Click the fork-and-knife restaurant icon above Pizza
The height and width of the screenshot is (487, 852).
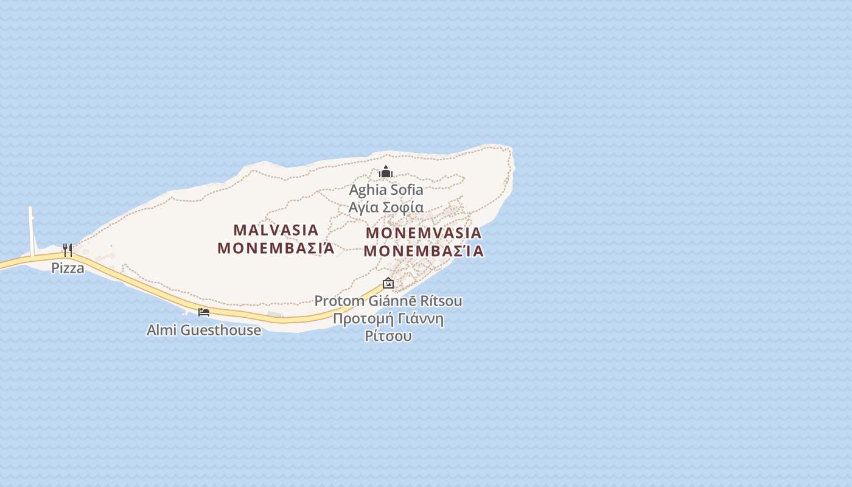[68, 250]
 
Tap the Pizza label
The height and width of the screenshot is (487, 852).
[68, 268]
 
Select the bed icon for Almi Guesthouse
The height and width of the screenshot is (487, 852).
[204, 312]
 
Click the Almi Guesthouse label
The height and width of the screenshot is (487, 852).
[204, 331]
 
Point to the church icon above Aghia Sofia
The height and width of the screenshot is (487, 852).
[386, 172]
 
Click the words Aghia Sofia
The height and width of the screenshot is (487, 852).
[386, 190]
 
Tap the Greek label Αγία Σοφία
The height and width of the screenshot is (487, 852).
[386, 207]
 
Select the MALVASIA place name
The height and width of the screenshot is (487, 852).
[276, 230]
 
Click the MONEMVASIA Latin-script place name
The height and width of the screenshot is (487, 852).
[424, 233]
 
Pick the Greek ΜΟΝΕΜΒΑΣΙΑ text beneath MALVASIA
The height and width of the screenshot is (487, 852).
[276, 248]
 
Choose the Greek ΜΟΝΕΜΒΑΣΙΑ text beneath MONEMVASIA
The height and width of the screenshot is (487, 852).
[424, 251]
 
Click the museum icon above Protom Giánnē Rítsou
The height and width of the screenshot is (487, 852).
[388, 283]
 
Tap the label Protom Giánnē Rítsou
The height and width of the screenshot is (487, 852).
[388, 301]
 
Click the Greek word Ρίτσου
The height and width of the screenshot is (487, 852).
[388, 336]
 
